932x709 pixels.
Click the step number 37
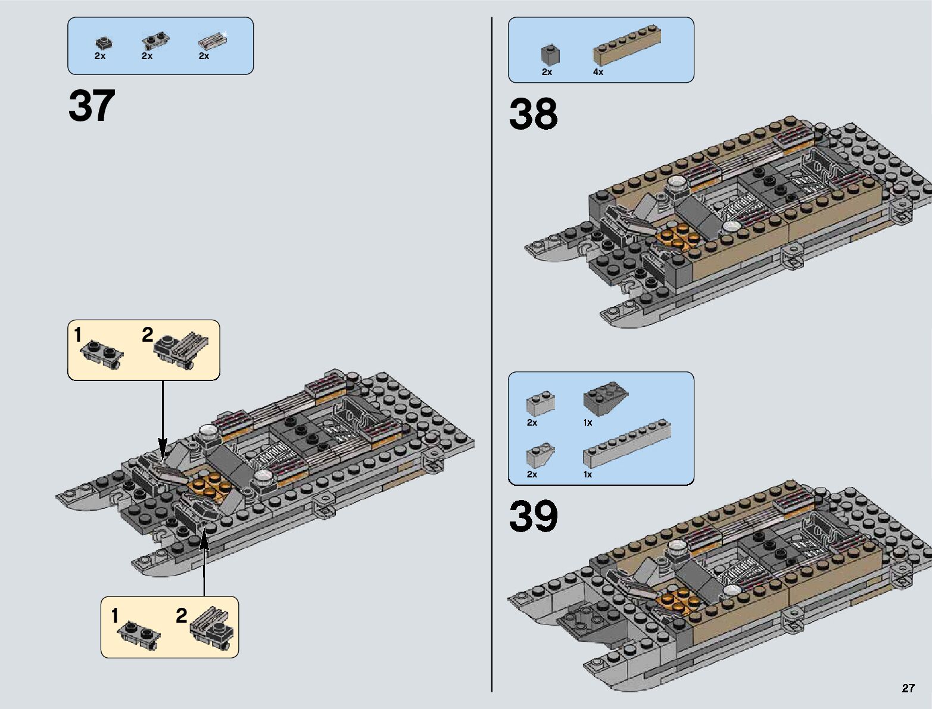(x=92, y=106)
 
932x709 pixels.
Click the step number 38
(x=533, y=114)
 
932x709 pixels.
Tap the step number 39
(x=533, y=516)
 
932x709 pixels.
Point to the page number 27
(x=908, y=689)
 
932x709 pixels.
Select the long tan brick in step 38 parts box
(x=627, y=45)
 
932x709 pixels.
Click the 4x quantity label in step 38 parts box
(x=598, y=72)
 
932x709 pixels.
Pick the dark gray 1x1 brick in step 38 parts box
(x=550, y=55)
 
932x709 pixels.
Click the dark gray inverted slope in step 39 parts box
(x=606, y=402)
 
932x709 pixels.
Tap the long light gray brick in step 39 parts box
(x=627, y=443)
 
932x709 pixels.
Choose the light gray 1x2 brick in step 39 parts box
(x=540, y=404)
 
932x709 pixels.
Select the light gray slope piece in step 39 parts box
(x=540, y=455)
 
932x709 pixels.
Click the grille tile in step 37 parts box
(x=213, y=41)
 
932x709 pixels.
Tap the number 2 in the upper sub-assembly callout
(x=148, y=335)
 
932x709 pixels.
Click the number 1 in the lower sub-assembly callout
(x=115, y=616)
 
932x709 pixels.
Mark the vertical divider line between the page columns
(x=492, y=357)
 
